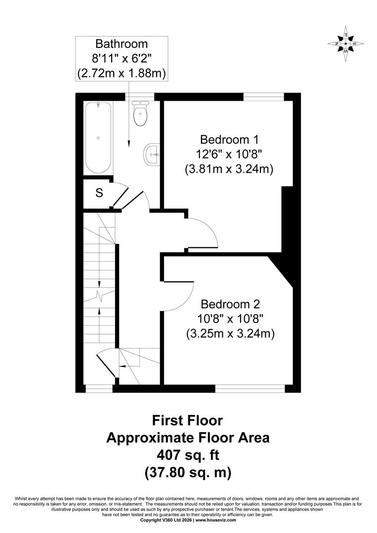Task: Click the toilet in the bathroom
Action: point(140,114)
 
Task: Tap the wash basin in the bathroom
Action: point(152,154)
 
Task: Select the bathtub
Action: point(98,138)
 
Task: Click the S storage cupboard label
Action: point(99,193)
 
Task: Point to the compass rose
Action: point(346,43)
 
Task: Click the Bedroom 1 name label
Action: point(229,139)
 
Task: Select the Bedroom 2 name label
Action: point(230,304)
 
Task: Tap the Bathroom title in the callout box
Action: point(122,44)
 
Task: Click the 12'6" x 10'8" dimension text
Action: point(229,154)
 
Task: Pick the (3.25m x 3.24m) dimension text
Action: point(230,334)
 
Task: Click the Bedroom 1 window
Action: point(264,97)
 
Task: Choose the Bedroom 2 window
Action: point(250,388)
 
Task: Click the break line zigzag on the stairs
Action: point(99,296)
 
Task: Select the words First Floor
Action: point(187,420)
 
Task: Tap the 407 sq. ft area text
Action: point(188,455)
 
